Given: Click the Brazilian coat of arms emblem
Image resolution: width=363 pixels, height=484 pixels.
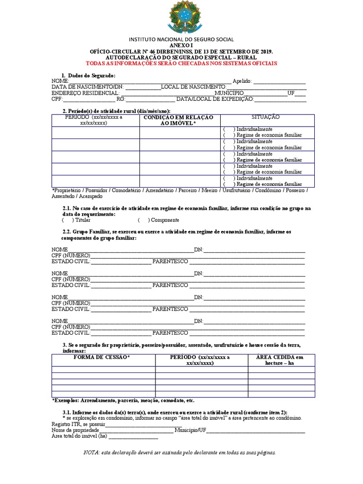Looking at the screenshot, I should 181,17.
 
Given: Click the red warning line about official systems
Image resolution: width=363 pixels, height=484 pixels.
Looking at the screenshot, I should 181,63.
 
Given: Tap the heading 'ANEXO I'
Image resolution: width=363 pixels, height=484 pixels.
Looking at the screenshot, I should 181,45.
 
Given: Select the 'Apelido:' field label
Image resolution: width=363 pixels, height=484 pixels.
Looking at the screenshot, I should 242,81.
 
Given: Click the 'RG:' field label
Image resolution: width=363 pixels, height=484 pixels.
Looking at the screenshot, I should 121,99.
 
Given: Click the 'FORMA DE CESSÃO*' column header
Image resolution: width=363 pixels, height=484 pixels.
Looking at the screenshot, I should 102,357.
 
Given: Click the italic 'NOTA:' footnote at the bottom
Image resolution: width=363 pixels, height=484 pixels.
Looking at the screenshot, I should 179,453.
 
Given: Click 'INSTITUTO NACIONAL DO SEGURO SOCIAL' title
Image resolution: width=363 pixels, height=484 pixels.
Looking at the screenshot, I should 181,39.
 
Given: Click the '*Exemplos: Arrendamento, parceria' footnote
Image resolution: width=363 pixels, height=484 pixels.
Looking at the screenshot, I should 123,400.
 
